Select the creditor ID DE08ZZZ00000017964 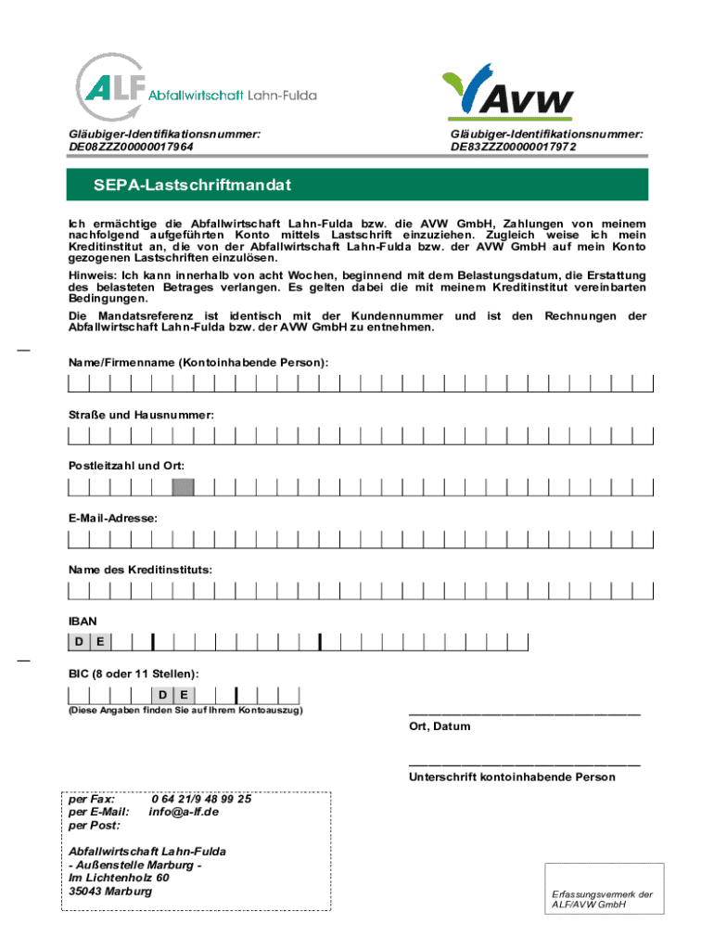(131, 147)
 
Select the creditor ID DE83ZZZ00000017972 (513, 147)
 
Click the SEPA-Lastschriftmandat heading (192, 186)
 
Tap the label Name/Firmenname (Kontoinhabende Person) (198, 360)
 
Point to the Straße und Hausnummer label (141, 414)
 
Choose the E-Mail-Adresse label (112, 518)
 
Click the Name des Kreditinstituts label (139, 569)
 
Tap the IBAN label (82, 620)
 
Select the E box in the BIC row (185, 695)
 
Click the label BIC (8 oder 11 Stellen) (133, 673)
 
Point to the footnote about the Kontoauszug (185, 712)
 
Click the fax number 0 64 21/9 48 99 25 (201, 799)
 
